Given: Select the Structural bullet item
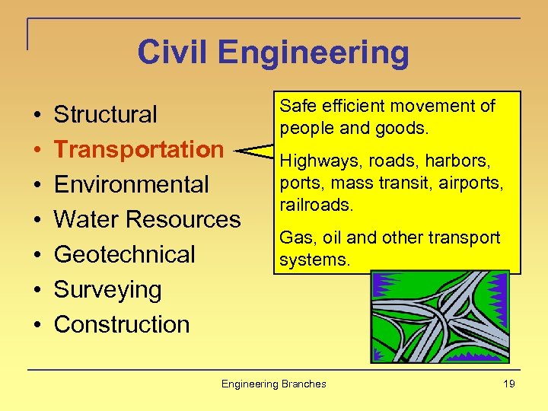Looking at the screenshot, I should pyautogui.click(x=105, y=114).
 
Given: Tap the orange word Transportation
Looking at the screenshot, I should pyautogui.click(x=139, y=149).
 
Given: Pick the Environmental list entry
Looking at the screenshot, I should pyautogui.click(x=131, y=184).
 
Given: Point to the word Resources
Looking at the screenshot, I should pyautogui.click(x=183, y=219).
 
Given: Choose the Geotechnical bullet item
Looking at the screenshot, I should pyautogui.click(x=125, y=254).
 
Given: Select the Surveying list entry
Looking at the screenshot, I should pyautogui.click(x=107, y=289).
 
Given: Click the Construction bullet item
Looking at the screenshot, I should pyautogui.click(x=122, y=324).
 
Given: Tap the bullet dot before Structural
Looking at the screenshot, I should pyautogui.click(x=37, y=115).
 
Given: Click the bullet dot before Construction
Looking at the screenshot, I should pyautogui.click(x=37, y=325).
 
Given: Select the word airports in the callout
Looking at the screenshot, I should pyautogui.click(x=476, y=183).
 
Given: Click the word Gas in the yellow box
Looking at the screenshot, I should pyautogui.click(x=292, y=237).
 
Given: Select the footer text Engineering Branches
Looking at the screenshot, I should pyautogui.click(x=273, y=384).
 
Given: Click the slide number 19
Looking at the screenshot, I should pyautogui.click(x=508, y=384).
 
